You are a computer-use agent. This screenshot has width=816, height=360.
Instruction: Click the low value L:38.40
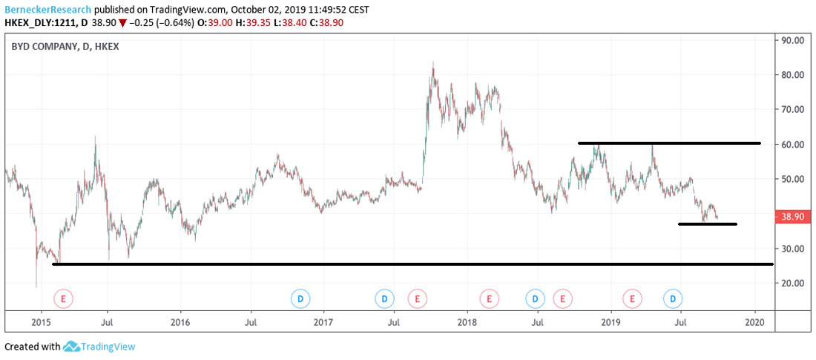coord(291,24)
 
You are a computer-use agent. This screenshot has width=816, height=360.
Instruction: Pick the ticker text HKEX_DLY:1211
coord(40,24)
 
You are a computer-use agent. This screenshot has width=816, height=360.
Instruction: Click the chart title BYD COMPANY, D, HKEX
coord(65,46)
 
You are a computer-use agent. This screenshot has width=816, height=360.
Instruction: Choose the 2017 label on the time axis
coord(323,322)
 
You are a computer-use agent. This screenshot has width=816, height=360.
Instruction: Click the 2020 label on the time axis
coord(755,322)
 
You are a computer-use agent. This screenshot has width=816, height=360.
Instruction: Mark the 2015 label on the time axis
coord(41,322)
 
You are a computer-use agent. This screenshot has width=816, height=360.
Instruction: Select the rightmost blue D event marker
coord(673,298)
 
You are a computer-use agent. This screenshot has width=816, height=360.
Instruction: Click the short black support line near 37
coord(707,223)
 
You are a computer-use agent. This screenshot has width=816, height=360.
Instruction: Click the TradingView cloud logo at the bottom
coord(72,347)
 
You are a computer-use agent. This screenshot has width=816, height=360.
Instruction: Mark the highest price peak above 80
coord(432,64)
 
